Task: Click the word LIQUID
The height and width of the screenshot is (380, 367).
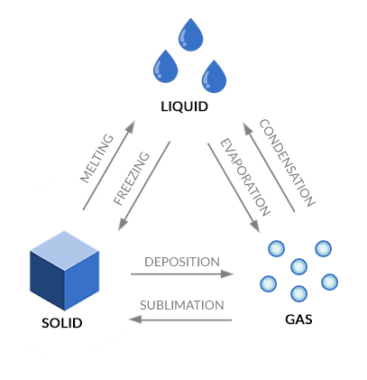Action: (x=184, y=107)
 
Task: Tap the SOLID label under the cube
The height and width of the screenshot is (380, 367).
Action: (x=62, y=323)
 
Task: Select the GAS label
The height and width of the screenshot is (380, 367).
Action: (x=298, y=320)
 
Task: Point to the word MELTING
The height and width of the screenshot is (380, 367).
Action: (x=97, y=158)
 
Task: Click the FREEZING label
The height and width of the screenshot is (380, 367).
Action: (x=132, y=179)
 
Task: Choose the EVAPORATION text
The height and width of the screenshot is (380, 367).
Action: (x=245, y=178)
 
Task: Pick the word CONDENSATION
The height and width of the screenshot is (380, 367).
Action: (x=287, y=162)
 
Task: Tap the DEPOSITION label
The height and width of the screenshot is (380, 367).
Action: (x=182, y=262)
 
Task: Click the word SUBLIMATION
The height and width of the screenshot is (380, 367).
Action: (x=182, y=305)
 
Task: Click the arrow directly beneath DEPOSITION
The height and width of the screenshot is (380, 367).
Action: (x=182, y=274)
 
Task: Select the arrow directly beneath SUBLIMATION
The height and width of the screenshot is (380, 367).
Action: (x=180, y=320)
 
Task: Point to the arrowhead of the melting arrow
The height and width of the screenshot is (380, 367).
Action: (x=130, y=127)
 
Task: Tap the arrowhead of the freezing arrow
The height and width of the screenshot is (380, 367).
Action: (x=124, y=225)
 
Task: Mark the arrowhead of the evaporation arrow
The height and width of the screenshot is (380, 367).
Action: (x=254, y=227)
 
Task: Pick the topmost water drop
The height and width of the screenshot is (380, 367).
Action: (x=190, y=35)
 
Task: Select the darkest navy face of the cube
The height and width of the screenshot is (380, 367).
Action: (x=47, y=281)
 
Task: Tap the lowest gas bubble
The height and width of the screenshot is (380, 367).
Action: (x=298, y=293)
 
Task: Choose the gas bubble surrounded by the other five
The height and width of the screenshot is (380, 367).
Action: (x=299, y=266)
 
